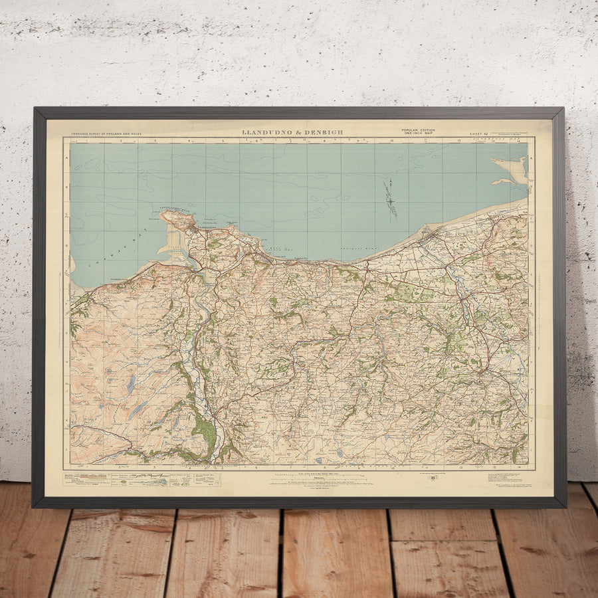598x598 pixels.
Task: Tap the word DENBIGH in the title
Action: tap(325, 132)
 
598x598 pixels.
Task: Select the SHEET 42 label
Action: tap(479, 134)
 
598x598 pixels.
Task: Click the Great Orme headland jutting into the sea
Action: tap(177, 219)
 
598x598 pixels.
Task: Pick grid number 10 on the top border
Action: tap(392, 141)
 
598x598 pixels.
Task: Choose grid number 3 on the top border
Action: tap(155, 141)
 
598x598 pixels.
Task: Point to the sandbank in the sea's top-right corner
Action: tap(510, 170)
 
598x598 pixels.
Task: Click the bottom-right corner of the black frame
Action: tap(565, 507)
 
